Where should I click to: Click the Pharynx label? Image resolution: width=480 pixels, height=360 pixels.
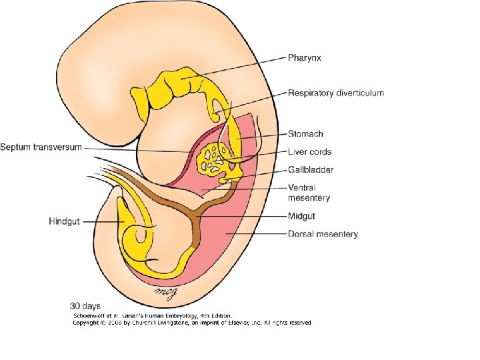pos(305,58)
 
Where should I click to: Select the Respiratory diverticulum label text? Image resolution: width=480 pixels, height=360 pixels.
pos(335,93)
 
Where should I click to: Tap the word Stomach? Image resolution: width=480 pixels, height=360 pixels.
pos(305,134)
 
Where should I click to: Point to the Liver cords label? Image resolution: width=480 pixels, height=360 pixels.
pos(309,152)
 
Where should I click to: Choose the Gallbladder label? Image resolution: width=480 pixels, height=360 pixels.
pos(311,170)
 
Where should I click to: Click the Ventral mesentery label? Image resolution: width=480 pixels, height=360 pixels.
pos(309,193)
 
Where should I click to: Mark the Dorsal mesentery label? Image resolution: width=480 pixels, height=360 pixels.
pos(323,234)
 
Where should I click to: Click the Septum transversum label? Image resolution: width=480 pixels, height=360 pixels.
pos(41,147)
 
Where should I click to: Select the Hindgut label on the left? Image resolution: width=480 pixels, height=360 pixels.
pos(64,221)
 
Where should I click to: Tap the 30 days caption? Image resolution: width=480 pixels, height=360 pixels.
pos(87,307)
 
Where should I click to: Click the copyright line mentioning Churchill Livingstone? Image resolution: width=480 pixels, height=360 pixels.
pos(191,323)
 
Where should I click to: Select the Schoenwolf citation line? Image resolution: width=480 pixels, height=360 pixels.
pos(152,315)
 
